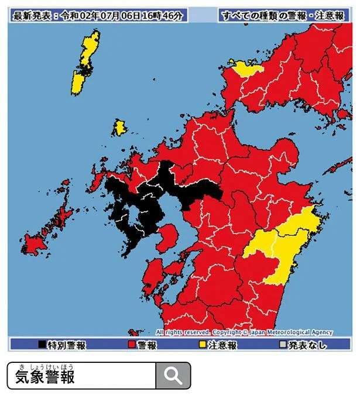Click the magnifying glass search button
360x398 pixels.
pos(173,375)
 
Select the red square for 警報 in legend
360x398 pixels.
pos(131,345)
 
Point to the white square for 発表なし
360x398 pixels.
pos(283,345)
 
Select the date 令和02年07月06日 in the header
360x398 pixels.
pos(101,15)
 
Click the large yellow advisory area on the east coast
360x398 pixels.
pos(281,246)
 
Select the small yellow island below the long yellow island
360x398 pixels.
pos(119,128)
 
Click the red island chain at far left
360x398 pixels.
pos(47,231)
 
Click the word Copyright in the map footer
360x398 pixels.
pos(226,332)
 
